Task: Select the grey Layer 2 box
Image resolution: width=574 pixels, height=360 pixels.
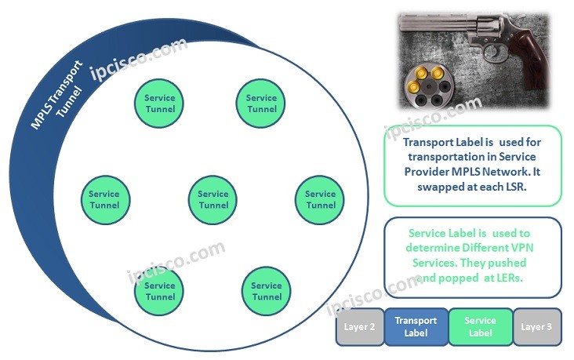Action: click(x=360, y=326)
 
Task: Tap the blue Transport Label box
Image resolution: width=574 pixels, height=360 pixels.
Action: click(x=416, y=326)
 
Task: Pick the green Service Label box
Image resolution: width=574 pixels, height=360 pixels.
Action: click(x=480, y=326)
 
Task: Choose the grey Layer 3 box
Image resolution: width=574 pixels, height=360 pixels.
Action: click(x=537, y=326)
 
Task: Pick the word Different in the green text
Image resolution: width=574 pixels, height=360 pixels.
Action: click(x=469, y=248)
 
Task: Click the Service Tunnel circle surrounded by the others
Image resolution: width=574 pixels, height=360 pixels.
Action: click(x=213, y=199)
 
